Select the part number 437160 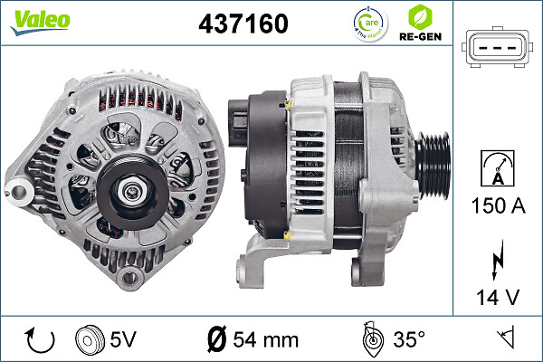(x=243, y=24)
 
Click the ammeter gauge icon (x=495, y=167)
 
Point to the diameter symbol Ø (x=216, y=339)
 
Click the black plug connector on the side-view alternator (x=238, y=122)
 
